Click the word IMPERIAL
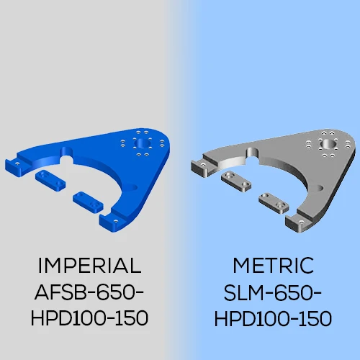89,266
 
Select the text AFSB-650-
89,292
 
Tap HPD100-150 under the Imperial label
89,318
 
